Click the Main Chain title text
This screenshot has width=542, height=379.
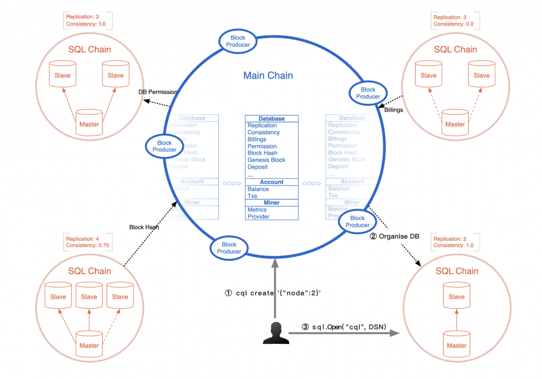pyautogui.click(x=268, y=76)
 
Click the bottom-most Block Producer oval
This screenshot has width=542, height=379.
pyautogui.click(x=229, y=248)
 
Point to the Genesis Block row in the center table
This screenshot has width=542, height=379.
pyautogui.click(x=266, y=160)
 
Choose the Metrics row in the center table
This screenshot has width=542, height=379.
pyautogui.click(x=257, y=209)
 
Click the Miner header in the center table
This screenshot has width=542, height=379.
pyautogui.click(x=271, y=203)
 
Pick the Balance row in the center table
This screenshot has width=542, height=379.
pyautogui.click(x=258, y=189)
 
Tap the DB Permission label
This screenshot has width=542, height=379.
pyautogui.click(x=158, y=92)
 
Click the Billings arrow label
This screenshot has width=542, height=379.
pyautogui.click(x=393, y=110)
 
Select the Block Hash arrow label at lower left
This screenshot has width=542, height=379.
pyautogui.click(x=144, y=227)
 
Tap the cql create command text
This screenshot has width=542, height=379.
pyautogui.click(x=273, y=293)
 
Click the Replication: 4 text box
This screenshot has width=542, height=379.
pyautogui.click(x=81, y=239)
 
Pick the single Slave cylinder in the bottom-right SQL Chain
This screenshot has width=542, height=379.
pyautogui.click(x=456, y=296)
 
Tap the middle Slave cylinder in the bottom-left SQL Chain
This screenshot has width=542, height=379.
pyautogui.click(x=89, y=296)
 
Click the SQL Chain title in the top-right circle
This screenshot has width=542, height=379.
pyautogui.click(x=455, y=49)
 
